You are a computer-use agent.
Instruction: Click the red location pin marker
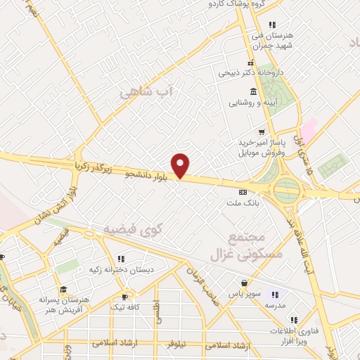[181, 165]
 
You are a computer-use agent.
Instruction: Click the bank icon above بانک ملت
[243, 192]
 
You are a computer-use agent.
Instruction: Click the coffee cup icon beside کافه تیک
[125, 297]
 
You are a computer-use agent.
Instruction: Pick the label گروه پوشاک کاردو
[238, 4]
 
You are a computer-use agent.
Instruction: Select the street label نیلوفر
[176, 346]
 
